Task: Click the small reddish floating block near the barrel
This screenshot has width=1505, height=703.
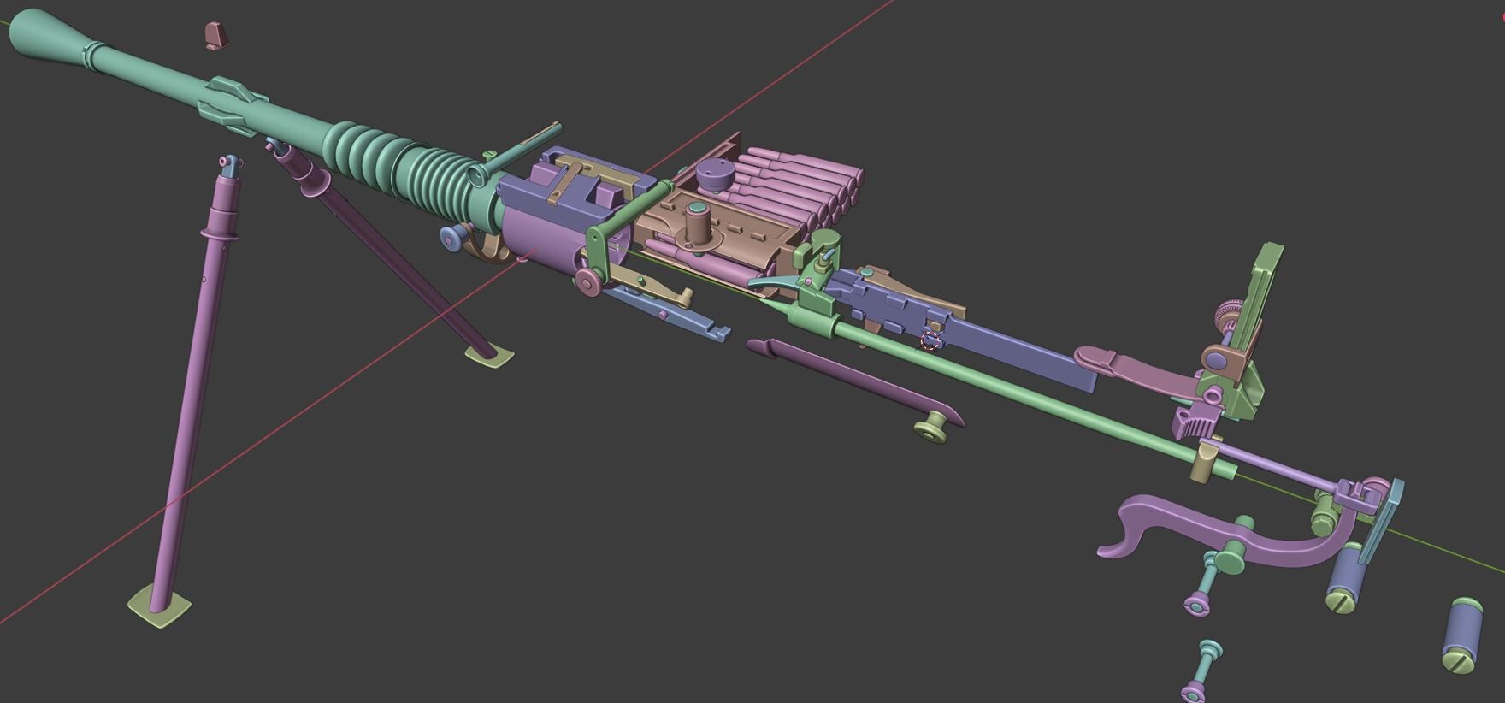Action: pyautogui.click(x=215, y=35)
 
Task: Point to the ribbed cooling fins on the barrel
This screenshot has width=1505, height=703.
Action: pyautogui.click(x=402, y=168)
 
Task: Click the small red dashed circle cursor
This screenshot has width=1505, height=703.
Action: pyautogui.click(x=930, y=341)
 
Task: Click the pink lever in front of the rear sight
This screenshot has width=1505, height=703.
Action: pyautogui.click(x=1129, y=366)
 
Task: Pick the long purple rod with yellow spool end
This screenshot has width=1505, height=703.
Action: pyautogui.click(x=855, y=381)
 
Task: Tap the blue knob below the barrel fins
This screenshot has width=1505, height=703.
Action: pyautogui.click(x=452, y=239)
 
